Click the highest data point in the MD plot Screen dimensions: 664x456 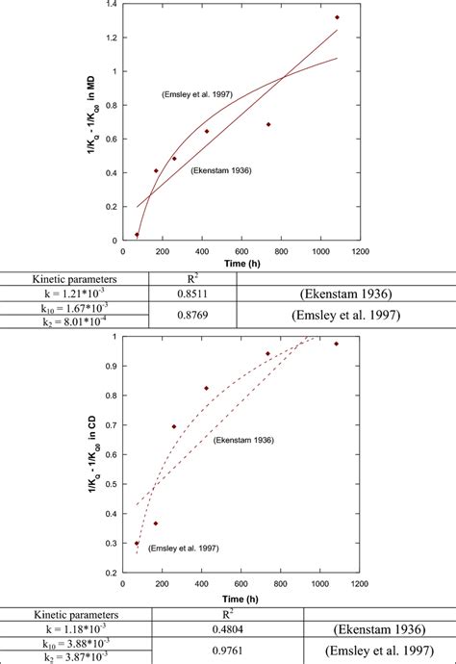click(x=337, y=17)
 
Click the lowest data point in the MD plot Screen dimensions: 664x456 click(x=137, y=234)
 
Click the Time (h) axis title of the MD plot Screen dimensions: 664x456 click(x=241, y=263)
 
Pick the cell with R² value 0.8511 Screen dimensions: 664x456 click(x=191, y=292)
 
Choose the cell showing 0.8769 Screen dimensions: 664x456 click(x=191, y=314)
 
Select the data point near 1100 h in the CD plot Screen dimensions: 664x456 click(x=336, y=344)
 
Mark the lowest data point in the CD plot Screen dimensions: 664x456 click(x=137, y=543)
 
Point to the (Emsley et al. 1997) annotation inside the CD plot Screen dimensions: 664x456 click(x=184, y=549)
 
